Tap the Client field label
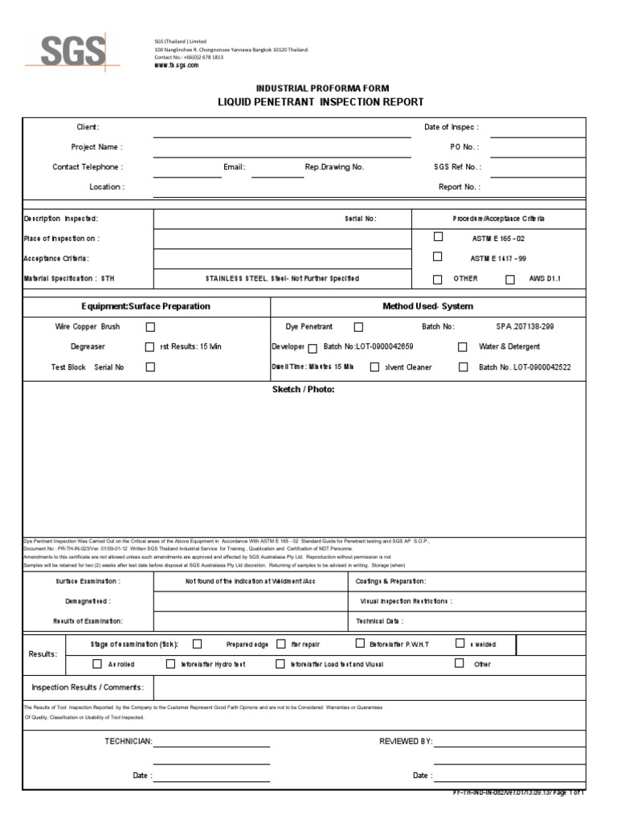88,127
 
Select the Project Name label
96,147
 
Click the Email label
235,167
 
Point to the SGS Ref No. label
456,167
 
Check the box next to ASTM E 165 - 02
438,237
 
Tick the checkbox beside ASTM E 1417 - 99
438,257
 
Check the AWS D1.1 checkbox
510,280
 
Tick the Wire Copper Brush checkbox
150,327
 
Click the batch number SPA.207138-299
525,327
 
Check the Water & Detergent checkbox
463,347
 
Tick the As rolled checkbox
97,664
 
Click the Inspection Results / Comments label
88,687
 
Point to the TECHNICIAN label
129,741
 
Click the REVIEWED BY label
406,741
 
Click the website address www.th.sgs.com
176,65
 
